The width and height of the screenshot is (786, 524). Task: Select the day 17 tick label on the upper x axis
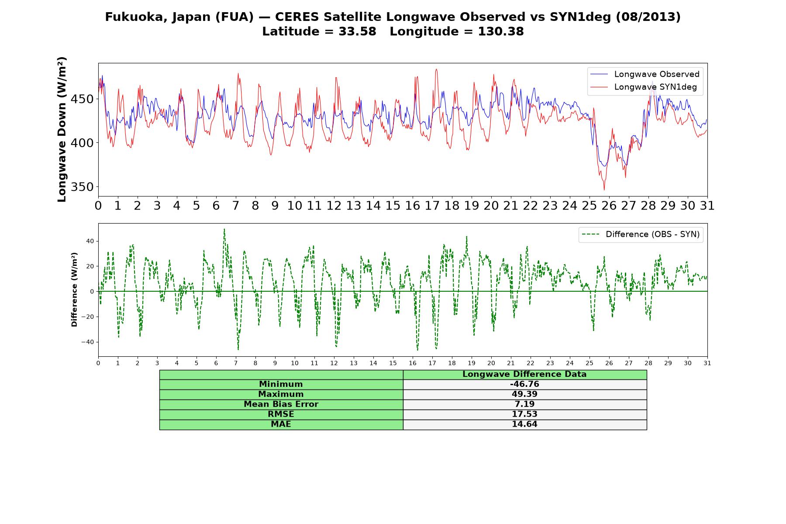coord(432,206)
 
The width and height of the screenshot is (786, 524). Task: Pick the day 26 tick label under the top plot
coord(609,206)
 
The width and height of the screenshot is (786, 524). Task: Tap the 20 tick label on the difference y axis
coord(90,266)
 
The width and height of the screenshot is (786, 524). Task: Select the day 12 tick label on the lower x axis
coord(334,363)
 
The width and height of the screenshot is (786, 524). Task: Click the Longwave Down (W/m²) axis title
coord(62,129)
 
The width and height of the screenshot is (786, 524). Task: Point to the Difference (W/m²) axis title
coord(74,290)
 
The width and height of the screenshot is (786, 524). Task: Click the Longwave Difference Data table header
coord(524,374)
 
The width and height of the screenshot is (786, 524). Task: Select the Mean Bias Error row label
coord(281,404)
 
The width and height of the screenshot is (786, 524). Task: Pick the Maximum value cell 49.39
coord(524,394)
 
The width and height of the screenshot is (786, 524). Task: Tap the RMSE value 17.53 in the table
coord(524,414)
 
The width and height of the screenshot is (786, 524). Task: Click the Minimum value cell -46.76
coord(524,384)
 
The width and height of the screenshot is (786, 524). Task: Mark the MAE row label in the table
coord(281,424)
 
